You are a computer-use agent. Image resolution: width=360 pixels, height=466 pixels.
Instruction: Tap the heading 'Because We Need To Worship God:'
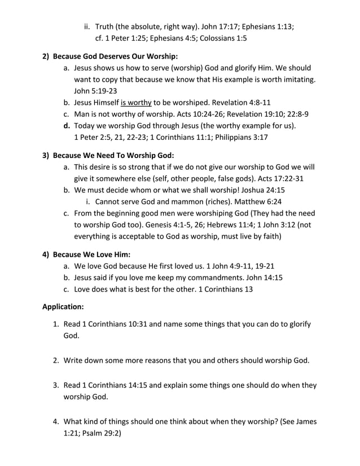tap(113, 155)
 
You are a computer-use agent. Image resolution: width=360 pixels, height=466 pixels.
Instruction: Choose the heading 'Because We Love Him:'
tap(91, 253)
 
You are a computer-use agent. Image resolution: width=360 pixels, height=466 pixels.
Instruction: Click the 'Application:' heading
tap(63, 307)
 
